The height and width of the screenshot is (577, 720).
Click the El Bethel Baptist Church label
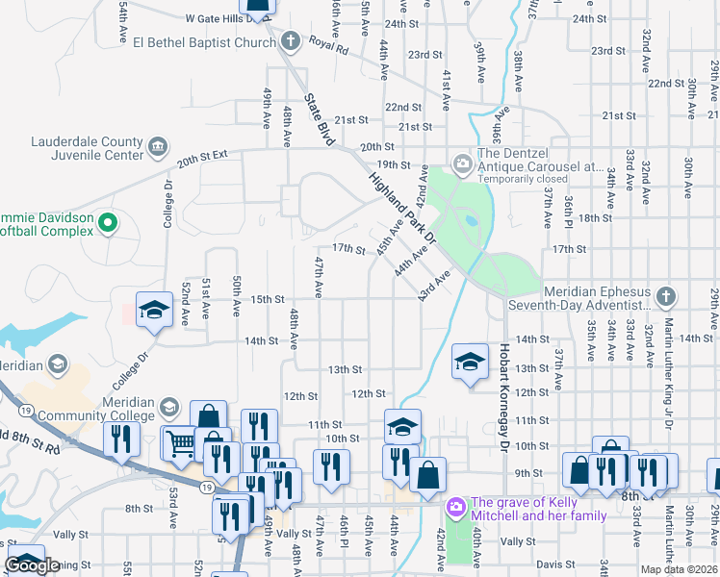pos(205,42)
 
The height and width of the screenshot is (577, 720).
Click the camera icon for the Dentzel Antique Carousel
pos(463,163)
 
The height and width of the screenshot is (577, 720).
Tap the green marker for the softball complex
pos(108,224)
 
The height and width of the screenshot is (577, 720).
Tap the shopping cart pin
pos(181,442)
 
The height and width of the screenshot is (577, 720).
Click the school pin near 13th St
pos(470,362)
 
